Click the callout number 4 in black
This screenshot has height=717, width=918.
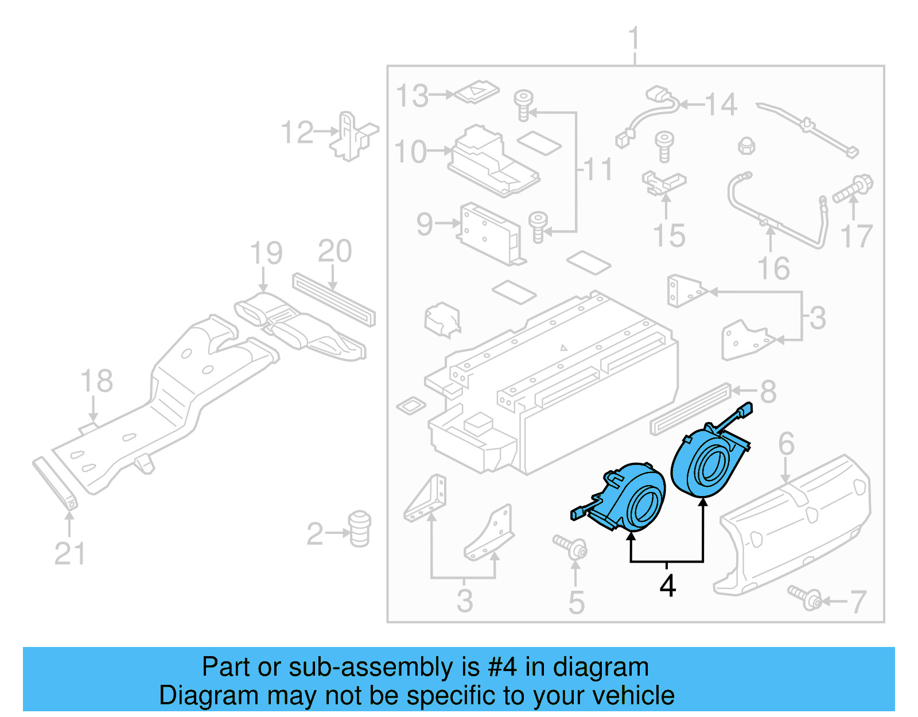click(x=667, y=586)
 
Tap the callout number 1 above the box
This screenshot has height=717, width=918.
click(x=633, y=39)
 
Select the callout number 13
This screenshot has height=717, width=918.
click(x=412, y=96)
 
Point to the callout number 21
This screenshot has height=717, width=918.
click(x=69, y=553)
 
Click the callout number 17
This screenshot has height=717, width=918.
click(x=856, y=236)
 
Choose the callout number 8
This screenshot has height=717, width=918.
click(x=768, y=392)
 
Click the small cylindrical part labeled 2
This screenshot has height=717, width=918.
click(x=360, y=528)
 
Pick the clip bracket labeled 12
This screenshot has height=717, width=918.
click(x=352, y=137)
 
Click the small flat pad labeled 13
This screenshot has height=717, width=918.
click(x=476, y=92)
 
